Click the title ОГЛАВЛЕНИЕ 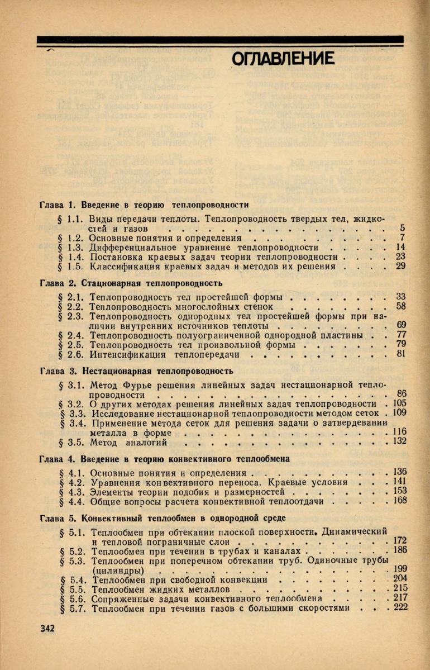point(283,58)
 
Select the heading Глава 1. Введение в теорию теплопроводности point(145,205)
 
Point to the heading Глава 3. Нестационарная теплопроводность point(137,370)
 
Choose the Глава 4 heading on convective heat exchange point(165,459)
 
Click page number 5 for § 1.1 point(402,228)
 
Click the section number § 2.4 point(71,335)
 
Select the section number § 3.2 point(71,403)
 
